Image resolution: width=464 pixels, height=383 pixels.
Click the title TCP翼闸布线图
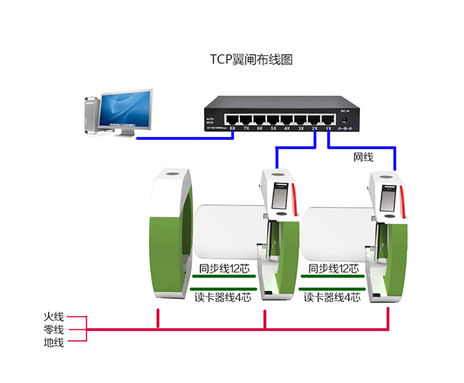pyautogui.click(x=251, y=60)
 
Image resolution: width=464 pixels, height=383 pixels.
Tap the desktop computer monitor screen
pyautogui.click(x=126, y=110)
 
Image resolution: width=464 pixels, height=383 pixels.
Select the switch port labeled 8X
pyautogui.click(x=233, y=118)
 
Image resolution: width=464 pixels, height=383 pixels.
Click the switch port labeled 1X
pyautogui.click(x=328, y=118)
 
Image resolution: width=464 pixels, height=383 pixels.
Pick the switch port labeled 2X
pyautogui.click(x=315, y=118)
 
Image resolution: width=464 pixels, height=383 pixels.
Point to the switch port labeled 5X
pyautogui.click(x=274, y=118)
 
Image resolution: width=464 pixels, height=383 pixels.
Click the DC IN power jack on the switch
pyautogui.click(x=345, y=120)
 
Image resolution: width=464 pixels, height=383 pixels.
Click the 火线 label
pyautogui.click(x=53, y=317)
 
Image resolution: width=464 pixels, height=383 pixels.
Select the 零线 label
pyautogui.click(x=53, y=330)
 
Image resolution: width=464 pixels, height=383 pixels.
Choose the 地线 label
pyautogui.click(x=53, y=343)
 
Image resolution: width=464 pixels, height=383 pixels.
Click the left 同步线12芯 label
pyautogui.click(x=224, y=268)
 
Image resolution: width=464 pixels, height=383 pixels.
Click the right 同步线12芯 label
pyautogui.click(x=334, y=268)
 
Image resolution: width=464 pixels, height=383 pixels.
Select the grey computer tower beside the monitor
pyautogui.click(x=91, y=115)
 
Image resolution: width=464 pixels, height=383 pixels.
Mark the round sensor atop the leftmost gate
pyautogui.click(x=172, y=175)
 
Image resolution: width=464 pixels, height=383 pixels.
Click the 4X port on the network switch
pyautogui.click(x=287, y=118)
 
